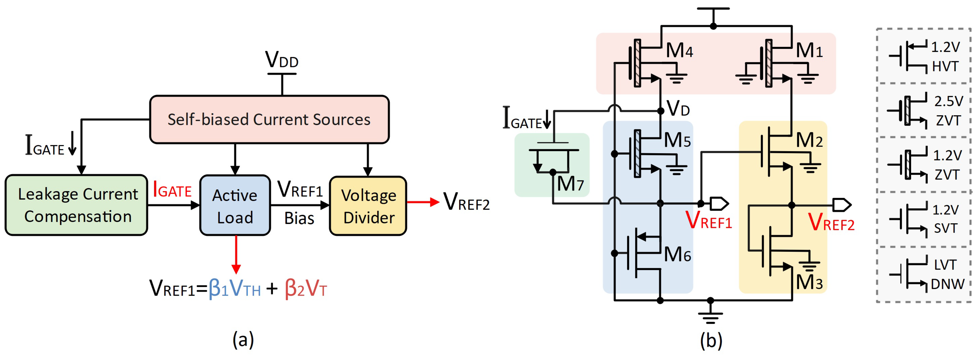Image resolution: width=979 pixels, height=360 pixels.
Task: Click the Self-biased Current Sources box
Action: pyautogui.click(x=269, y=119)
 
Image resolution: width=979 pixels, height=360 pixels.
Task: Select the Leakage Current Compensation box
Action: pyautogui.click(x=76, y=205)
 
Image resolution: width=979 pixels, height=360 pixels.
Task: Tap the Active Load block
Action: pyautogui.click(x=235, y=206)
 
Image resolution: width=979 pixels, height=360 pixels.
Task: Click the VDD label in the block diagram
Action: pyautogui.click(x=282, y=60)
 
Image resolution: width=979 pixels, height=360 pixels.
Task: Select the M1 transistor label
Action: pyautogui.click(x=809, y=50)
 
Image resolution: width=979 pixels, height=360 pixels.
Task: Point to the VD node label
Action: pyautogui.click(x=678, y=109)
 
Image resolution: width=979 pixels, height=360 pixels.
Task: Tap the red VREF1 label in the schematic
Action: pyautogui.click(x=708, y=220)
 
